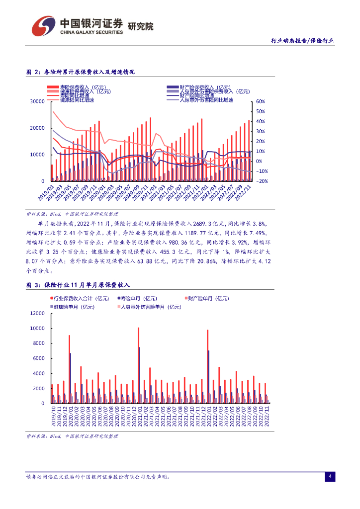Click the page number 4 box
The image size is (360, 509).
click(330, 477)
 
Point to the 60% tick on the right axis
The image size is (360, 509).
click(261, 101)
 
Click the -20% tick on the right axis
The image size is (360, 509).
click(262, 181)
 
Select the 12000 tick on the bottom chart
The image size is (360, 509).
click(37, 314)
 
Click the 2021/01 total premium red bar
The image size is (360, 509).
click(138, 365)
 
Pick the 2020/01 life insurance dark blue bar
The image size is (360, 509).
click(71, 378)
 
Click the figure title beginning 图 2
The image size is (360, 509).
click(80, 72)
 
